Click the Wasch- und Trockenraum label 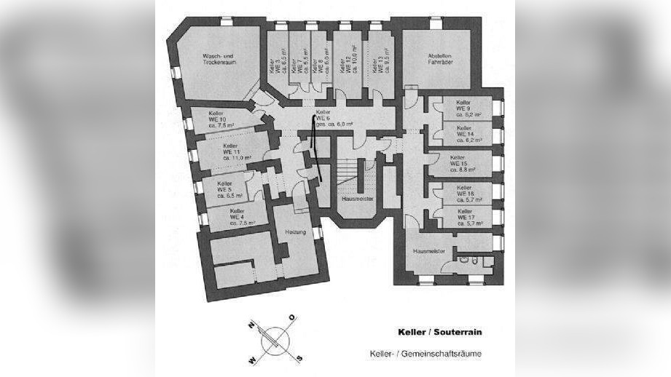click(x=219, y=60)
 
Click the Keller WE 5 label click(x=225, y=190)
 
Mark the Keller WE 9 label click(x=465, y=108)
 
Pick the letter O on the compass click(x=292, y=317)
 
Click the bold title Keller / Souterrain click(x=439, y=332)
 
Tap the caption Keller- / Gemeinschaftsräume click(x=425, y=354)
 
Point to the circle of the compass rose click(x=275, y=339)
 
